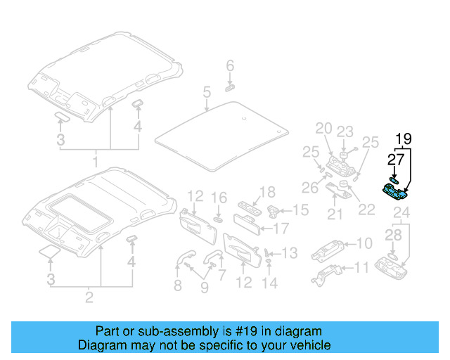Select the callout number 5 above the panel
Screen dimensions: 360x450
click(207, 92)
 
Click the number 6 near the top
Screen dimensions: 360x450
click(229, 66)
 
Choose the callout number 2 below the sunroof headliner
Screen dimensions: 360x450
click(89, 297)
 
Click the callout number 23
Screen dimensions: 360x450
click(345, 131)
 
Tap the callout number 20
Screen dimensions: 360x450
click(323, 128)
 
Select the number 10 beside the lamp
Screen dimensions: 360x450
click(364, 243)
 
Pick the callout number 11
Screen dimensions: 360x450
click(361, 268)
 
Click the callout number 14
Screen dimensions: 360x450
click(270, 283)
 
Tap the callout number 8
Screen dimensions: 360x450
click(178, 285)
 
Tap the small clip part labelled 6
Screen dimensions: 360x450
click(229, 88)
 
